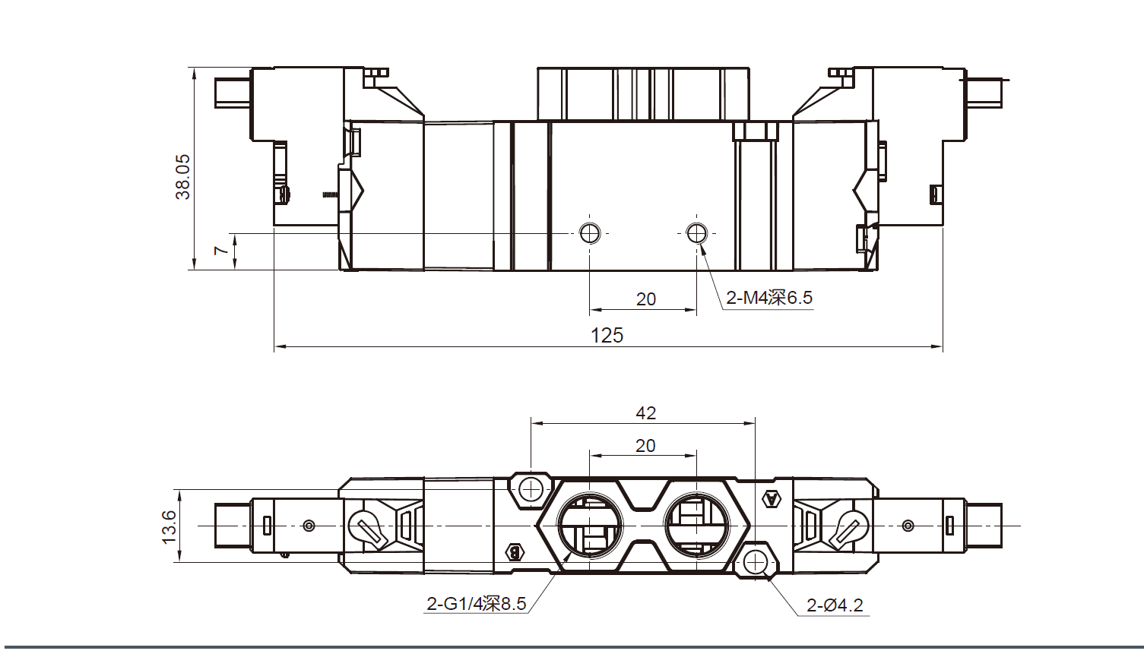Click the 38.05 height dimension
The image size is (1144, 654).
tap(182, 177)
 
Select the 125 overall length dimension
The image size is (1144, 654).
tap(607, 335)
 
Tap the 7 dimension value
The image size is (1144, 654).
tap(220, 250)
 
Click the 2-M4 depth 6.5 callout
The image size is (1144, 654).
tap(768, 298)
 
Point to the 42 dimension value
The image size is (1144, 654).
tap(645, 412)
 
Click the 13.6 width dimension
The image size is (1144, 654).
tap(169, 526)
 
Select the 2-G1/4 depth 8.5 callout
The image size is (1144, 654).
tap(476, 604)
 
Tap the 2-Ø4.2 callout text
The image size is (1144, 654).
tap(835, 605)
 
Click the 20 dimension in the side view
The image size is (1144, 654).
tap(645, 299)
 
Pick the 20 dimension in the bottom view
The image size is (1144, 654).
tap(645, 446)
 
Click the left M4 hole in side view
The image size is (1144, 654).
tap(590, 232)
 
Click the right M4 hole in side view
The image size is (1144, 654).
tap(696, 232)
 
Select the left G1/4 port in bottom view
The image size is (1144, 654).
tap(590, 525)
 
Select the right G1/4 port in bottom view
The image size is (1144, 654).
tap(696, 525)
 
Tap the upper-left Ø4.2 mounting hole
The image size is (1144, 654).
tap(531, 488)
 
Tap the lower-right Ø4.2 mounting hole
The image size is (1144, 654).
tap(755, 563)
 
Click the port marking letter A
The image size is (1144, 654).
tap(772, 499)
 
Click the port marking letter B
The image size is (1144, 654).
tap(515, 552)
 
